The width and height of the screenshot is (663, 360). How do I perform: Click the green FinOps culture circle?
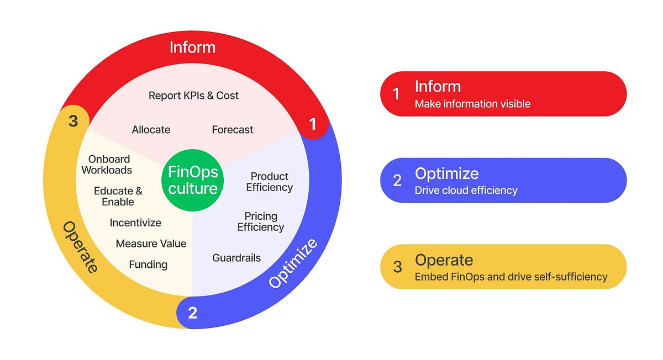193,180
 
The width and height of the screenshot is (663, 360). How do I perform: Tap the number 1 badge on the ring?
313,125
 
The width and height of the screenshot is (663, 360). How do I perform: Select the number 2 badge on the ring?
192,313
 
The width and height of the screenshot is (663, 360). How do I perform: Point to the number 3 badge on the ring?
73,121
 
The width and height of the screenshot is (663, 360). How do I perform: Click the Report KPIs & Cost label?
193,96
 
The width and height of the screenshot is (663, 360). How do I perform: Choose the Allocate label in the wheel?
151,130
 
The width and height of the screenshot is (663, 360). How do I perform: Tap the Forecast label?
233,130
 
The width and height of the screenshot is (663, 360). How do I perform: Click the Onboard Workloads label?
107,165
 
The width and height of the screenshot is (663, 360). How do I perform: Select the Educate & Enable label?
118,196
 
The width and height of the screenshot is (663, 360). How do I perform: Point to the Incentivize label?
135,223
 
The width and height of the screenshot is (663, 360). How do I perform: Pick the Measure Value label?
151,243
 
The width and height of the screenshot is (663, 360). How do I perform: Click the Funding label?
148,264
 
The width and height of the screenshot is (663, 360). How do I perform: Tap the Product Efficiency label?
269,182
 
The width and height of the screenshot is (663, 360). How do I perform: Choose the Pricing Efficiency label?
261,221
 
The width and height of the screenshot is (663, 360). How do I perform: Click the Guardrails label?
236,258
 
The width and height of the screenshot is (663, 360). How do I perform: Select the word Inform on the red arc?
192,47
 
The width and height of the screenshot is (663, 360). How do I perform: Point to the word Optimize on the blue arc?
293,263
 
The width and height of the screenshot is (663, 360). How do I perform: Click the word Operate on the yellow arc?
81,247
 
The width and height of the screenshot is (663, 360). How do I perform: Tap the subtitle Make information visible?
472,104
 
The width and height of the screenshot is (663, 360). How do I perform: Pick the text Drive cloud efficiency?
466,190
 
